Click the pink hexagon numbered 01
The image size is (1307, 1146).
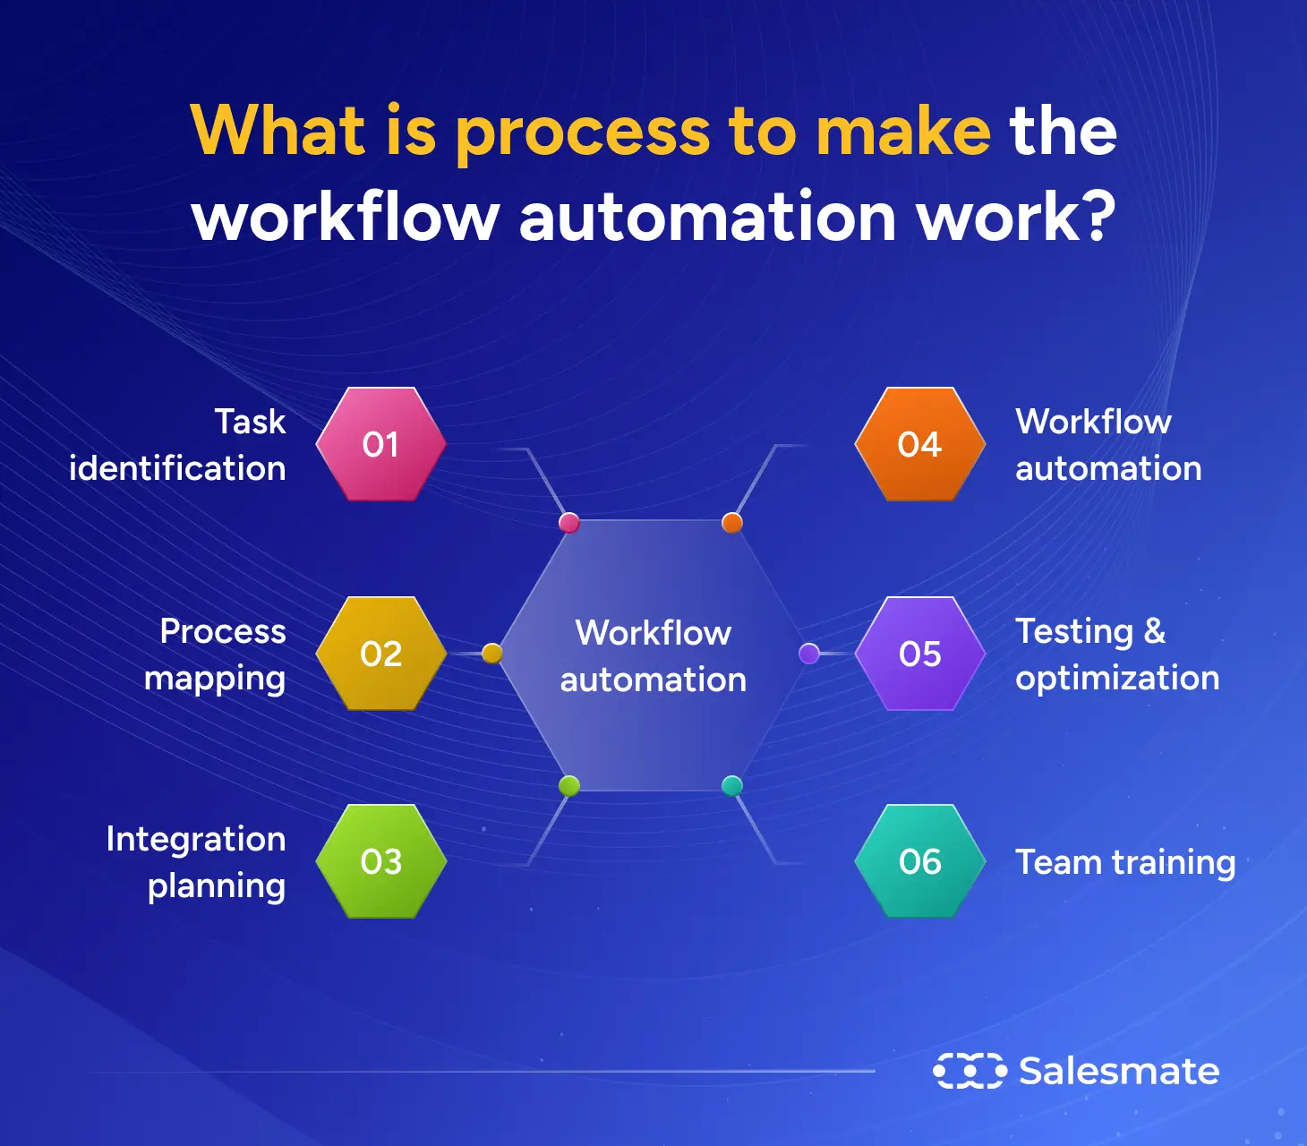click(381, 444)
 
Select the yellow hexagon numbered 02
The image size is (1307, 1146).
click(381, 654)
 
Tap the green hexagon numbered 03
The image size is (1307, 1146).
click(381, 861)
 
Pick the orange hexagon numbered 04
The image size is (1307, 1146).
click(920, 444)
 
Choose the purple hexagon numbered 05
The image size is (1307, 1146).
click(920, 654)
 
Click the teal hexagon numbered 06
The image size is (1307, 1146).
click(920, 861)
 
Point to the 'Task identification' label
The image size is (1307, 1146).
click(178, 445)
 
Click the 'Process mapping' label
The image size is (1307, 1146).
click(216, 654)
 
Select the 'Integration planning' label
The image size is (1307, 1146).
click(197, 862)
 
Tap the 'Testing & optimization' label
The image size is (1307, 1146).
click(1116, 654)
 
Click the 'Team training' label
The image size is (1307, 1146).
click(1125, 862)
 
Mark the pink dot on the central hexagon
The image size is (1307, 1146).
click(568, 523)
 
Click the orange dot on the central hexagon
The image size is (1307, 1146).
click(732, 523)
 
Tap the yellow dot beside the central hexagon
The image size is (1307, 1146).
click(491, 654)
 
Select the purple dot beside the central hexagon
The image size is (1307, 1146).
click(809, 654)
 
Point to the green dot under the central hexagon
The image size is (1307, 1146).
click(568, 786)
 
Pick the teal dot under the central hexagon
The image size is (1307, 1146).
click(732, 786)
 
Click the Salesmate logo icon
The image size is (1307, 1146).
click(970, 1071)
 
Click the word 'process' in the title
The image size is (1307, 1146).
click(583, 133)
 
